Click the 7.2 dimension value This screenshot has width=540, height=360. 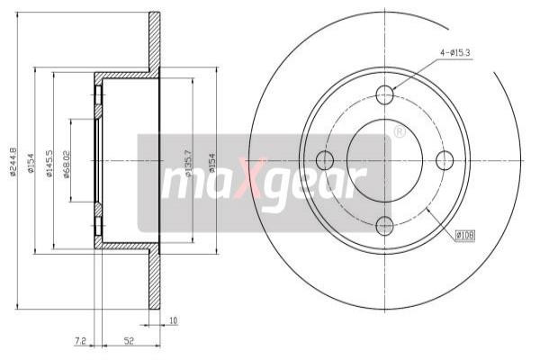coord(79,342)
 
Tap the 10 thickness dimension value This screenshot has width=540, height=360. coord(174,319)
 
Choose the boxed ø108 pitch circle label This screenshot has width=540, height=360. coord(464,235)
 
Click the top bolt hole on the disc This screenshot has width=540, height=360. coord(385,94)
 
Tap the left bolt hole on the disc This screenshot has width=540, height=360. coord(326,160)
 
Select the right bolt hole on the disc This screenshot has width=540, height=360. coord(445,160)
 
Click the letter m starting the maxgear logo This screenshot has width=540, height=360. coord(178,184)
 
